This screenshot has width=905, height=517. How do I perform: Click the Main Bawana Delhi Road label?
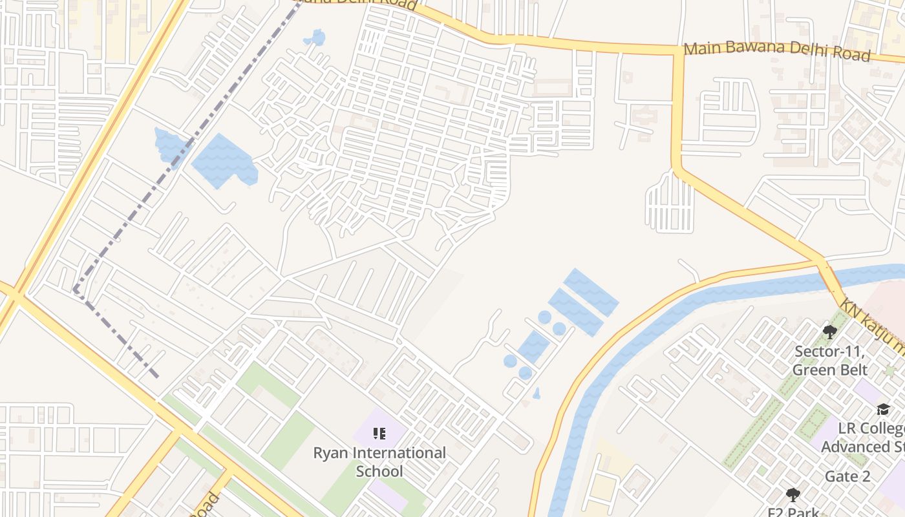coord(777,51)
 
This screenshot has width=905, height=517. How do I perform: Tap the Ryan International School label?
coord(379,461)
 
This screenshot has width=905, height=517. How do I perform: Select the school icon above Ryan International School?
coord(379,434)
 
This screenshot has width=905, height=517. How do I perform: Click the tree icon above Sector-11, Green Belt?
coord(830,332)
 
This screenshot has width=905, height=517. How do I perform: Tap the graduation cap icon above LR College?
coord(883,409)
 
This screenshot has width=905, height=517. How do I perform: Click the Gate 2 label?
coord(847,477)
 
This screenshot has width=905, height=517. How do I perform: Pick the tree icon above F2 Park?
coord(793,496)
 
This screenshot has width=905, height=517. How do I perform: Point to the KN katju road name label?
coord(873,326)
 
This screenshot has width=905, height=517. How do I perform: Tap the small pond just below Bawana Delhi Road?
coord(317,37)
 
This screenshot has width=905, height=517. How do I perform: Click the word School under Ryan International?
coord(379,471)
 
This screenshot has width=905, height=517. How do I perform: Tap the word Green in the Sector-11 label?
coord(813,370)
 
